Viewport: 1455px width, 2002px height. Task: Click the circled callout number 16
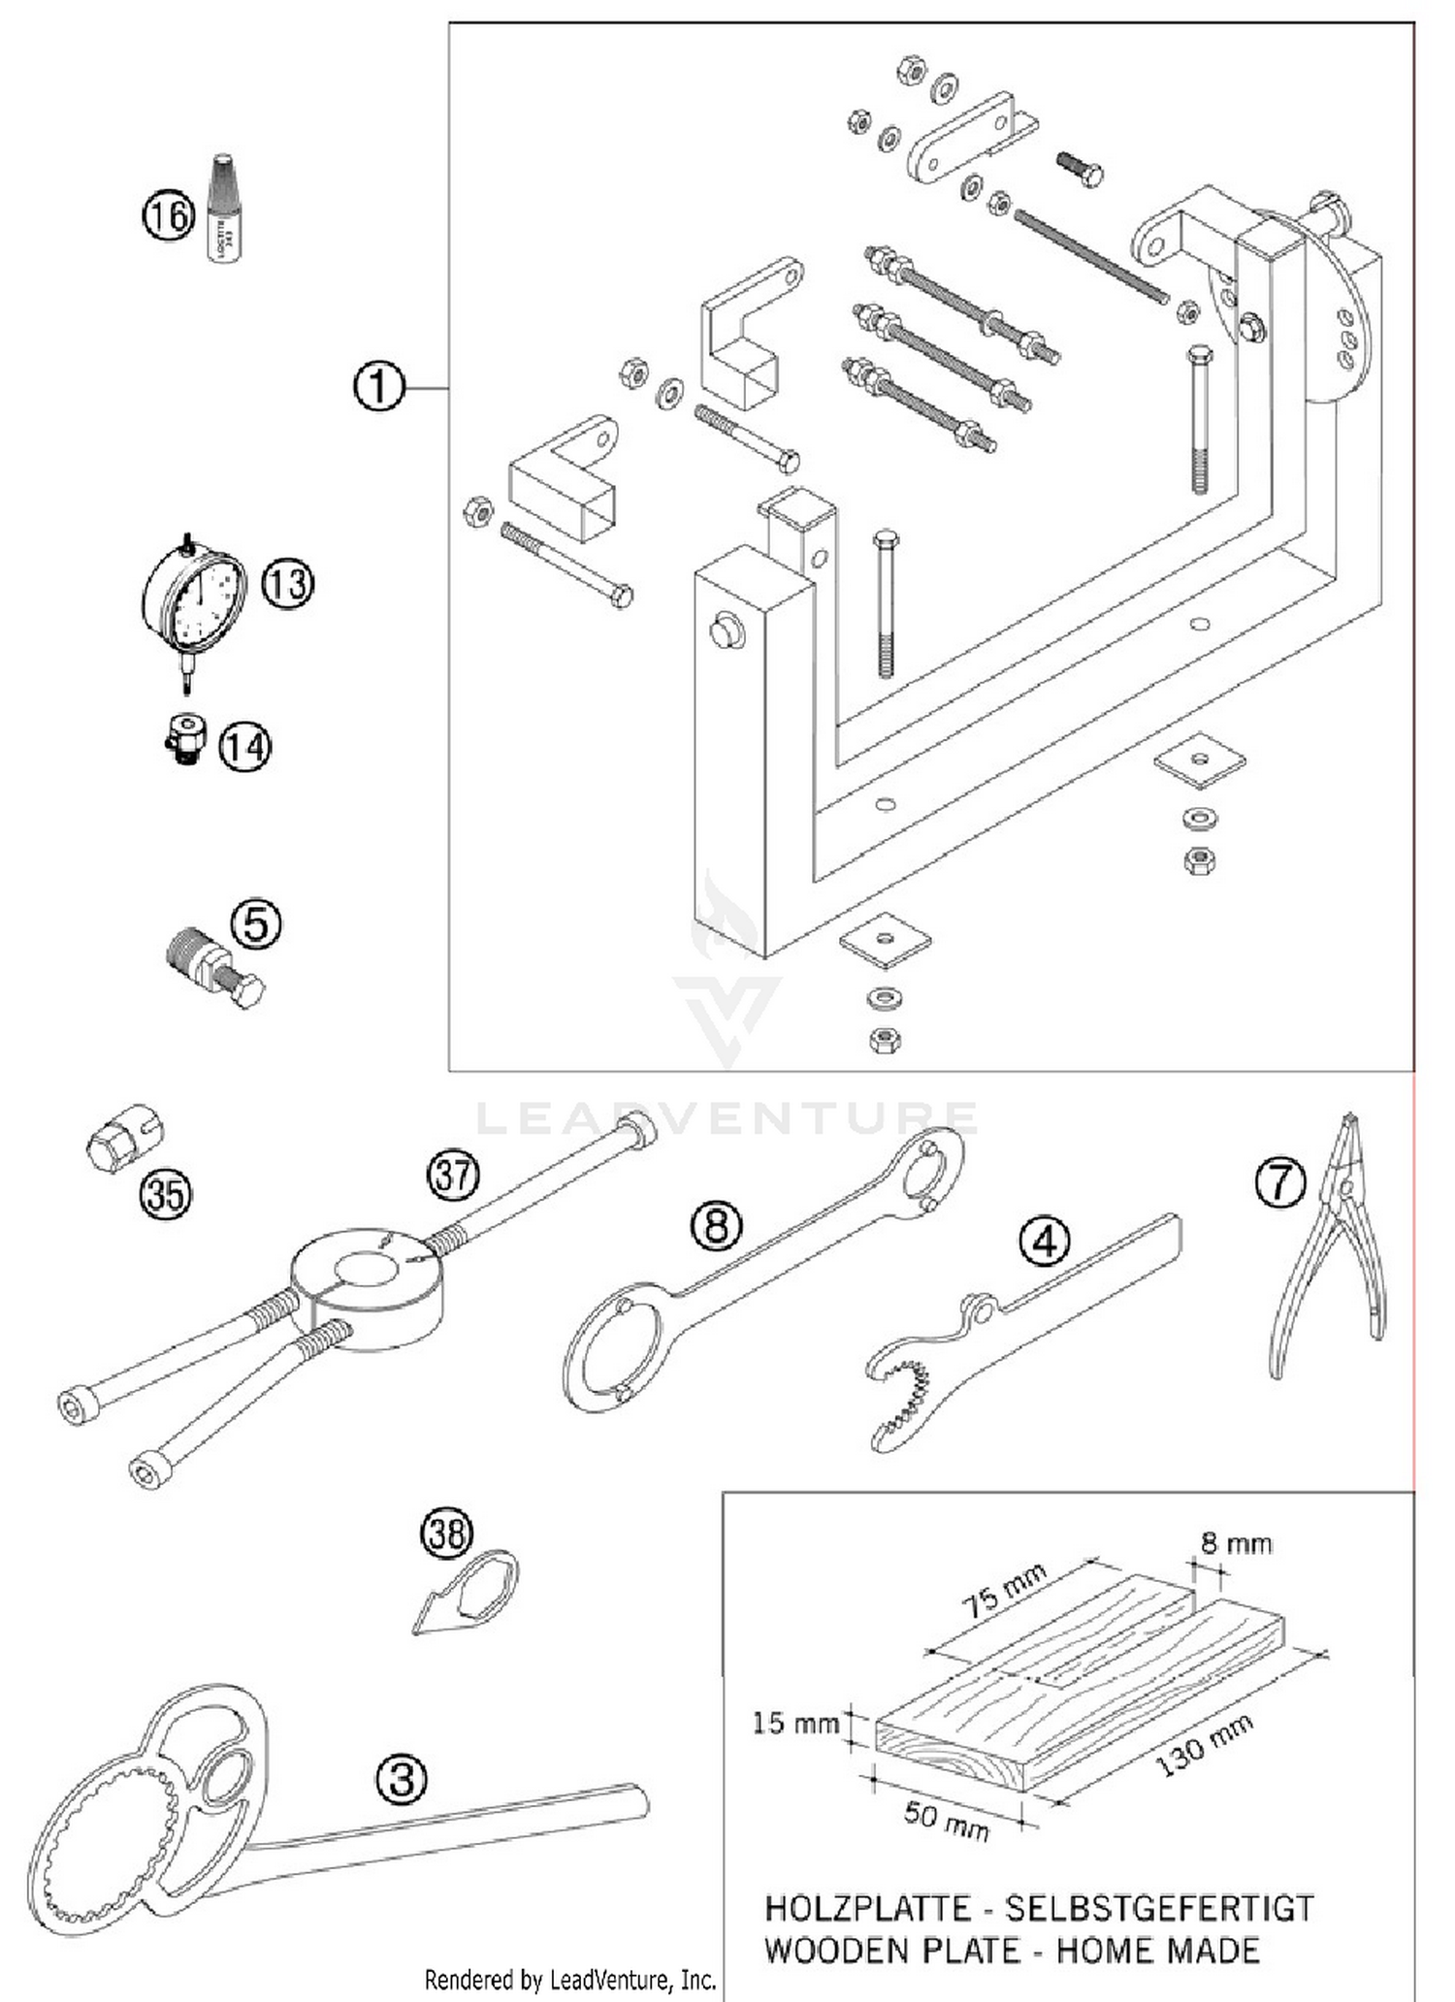[169, 214]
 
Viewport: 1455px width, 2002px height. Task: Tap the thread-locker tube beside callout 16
[223, 209]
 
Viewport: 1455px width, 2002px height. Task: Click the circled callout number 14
[244, 747]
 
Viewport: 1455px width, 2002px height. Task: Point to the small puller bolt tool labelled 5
[215, 966]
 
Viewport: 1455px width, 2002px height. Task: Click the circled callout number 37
[453, 1176]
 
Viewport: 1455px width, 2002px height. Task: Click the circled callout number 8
[716, 1226]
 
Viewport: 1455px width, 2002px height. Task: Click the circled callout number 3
[402, 1778]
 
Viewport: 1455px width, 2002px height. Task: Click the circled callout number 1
[378, 387]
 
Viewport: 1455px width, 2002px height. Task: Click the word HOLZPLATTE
[866, 1908]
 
